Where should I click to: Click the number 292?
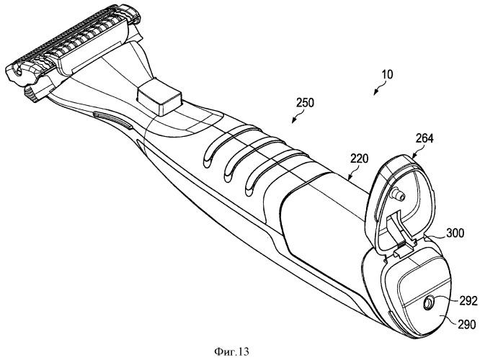460,301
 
